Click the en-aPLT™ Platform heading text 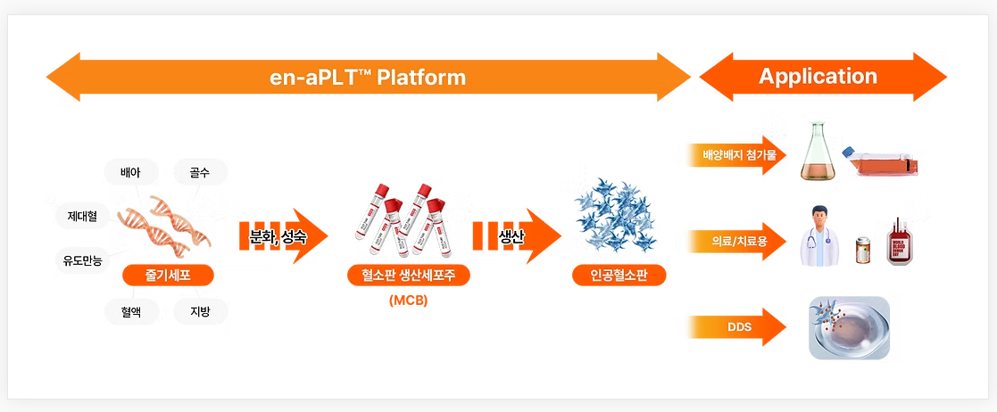click(368, 78)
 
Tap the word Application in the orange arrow click(818, 77)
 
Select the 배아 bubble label click(131, 172)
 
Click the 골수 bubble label click(200, 172)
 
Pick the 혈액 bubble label click(131, 311)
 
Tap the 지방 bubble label click(200, 311)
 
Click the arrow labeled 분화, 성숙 click(282, 236)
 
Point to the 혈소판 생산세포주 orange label click(409, 275)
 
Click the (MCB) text click(409, 301)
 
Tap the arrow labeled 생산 click(517, 236)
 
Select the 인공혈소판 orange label click(619, 275)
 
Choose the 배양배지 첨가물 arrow click(737, 154)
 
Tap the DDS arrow click(737, 327)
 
